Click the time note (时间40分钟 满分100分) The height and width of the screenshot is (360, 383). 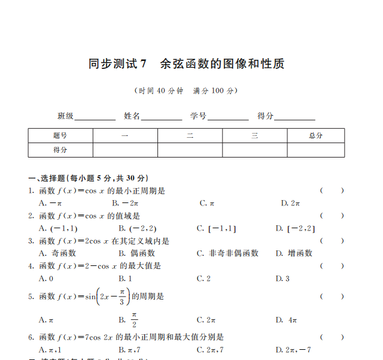(x=186, y=91)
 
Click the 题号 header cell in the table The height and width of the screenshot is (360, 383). (x=60, y=136)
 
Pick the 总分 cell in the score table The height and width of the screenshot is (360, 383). (x=315, y=136)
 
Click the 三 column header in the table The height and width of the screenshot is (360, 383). (x=254, y=136)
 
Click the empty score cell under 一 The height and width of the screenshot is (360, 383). (x=125, y=150)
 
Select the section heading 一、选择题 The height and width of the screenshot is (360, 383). (x=89, y=179)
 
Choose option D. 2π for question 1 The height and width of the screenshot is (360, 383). (x=290, y=203)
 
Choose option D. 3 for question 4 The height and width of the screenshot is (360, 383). (x=282, y=279)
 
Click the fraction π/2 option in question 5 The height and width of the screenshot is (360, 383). (x=134, y=320)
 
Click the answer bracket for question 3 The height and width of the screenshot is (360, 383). (x=332, y=241)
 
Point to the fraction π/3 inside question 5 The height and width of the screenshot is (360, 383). (x=122, y=297)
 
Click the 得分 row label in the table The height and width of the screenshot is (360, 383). (x=60, y=150)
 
